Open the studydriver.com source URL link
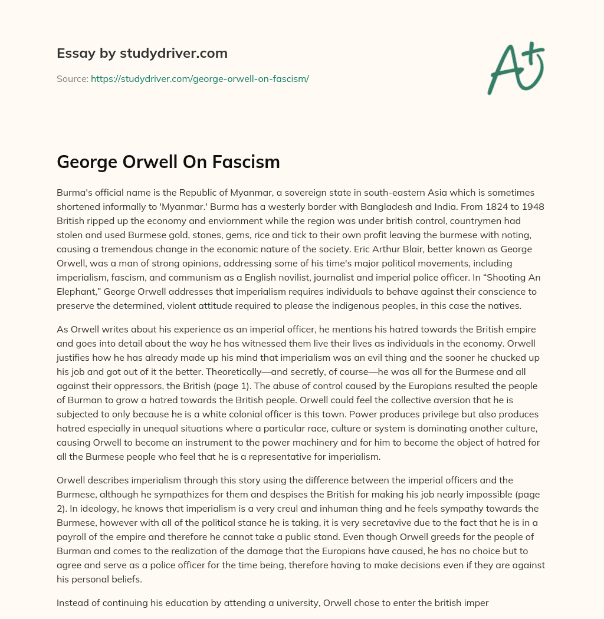click(199, 78)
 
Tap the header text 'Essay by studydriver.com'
click(142, 53)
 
